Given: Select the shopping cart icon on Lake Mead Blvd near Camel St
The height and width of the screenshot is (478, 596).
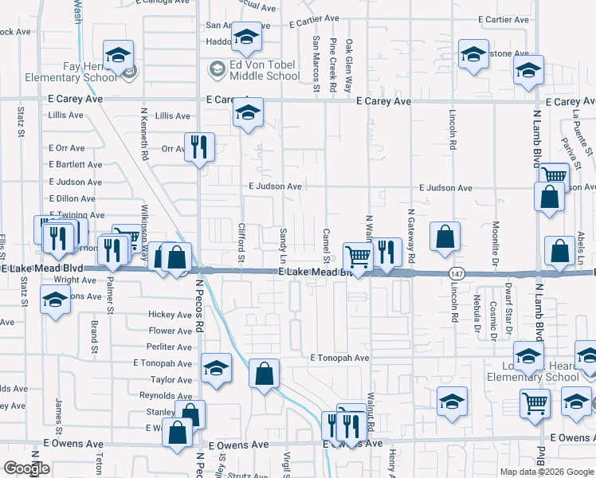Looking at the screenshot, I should (x=358, y=257).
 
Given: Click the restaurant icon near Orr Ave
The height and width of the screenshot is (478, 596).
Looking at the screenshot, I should (x=199, y=146).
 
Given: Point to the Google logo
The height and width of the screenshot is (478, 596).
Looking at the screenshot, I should (x=25, y=468).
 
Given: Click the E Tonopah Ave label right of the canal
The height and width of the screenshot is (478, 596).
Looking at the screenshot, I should (x=339, y=358).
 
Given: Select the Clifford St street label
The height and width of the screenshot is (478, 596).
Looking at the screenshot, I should (x=241, y=242).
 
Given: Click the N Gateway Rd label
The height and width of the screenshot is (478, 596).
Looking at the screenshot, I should (x=410, y=237).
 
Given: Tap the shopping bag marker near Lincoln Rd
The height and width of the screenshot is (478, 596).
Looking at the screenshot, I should (x=445, y=236).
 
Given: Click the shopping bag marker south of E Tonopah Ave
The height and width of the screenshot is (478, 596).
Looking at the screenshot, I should (x=264, y=373).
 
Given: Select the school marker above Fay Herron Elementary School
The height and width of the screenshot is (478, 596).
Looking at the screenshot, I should (x=119, y=55).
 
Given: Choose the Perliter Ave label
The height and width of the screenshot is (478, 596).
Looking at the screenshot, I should (x=169, y=347).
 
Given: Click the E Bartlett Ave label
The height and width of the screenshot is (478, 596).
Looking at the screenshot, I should (x=75, y=165).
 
